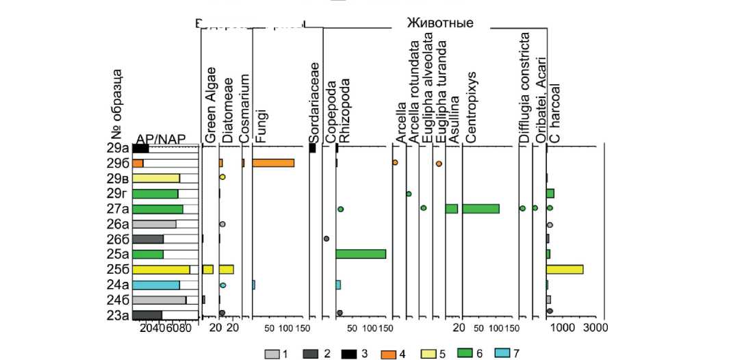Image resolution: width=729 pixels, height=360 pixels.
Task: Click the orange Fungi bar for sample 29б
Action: pos(273,163)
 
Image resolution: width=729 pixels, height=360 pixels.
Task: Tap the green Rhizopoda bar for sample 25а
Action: pos(361,254)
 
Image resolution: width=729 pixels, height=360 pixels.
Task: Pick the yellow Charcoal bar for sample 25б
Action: pos(565,269)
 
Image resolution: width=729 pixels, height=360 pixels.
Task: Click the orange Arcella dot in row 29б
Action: pos(395,163)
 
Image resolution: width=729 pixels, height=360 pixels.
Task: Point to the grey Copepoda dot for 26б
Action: pos(326,239)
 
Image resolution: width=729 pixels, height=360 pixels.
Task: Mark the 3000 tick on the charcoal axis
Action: pos(595,329)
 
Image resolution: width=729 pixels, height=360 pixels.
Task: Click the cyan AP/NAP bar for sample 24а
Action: pos(156,285)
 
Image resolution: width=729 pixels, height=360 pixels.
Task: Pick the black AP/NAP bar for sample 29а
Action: pos(141,148)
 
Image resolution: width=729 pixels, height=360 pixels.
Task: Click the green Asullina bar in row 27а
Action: pos(451,208)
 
